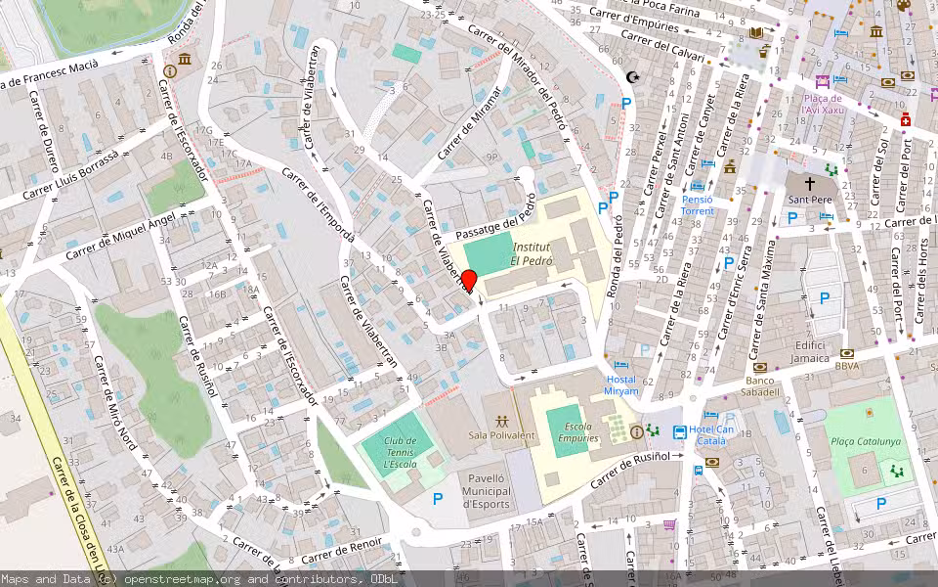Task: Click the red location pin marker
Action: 468,282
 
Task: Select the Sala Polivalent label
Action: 502,435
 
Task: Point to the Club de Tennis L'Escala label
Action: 400,452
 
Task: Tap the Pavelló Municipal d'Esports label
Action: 486,491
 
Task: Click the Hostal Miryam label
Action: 621,385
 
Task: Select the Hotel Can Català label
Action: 711,435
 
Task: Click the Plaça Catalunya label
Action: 865,441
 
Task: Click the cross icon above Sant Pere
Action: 809,183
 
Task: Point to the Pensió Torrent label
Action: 698,205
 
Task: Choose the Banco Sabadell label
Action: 762,386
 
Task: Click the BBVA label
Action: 847,367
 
